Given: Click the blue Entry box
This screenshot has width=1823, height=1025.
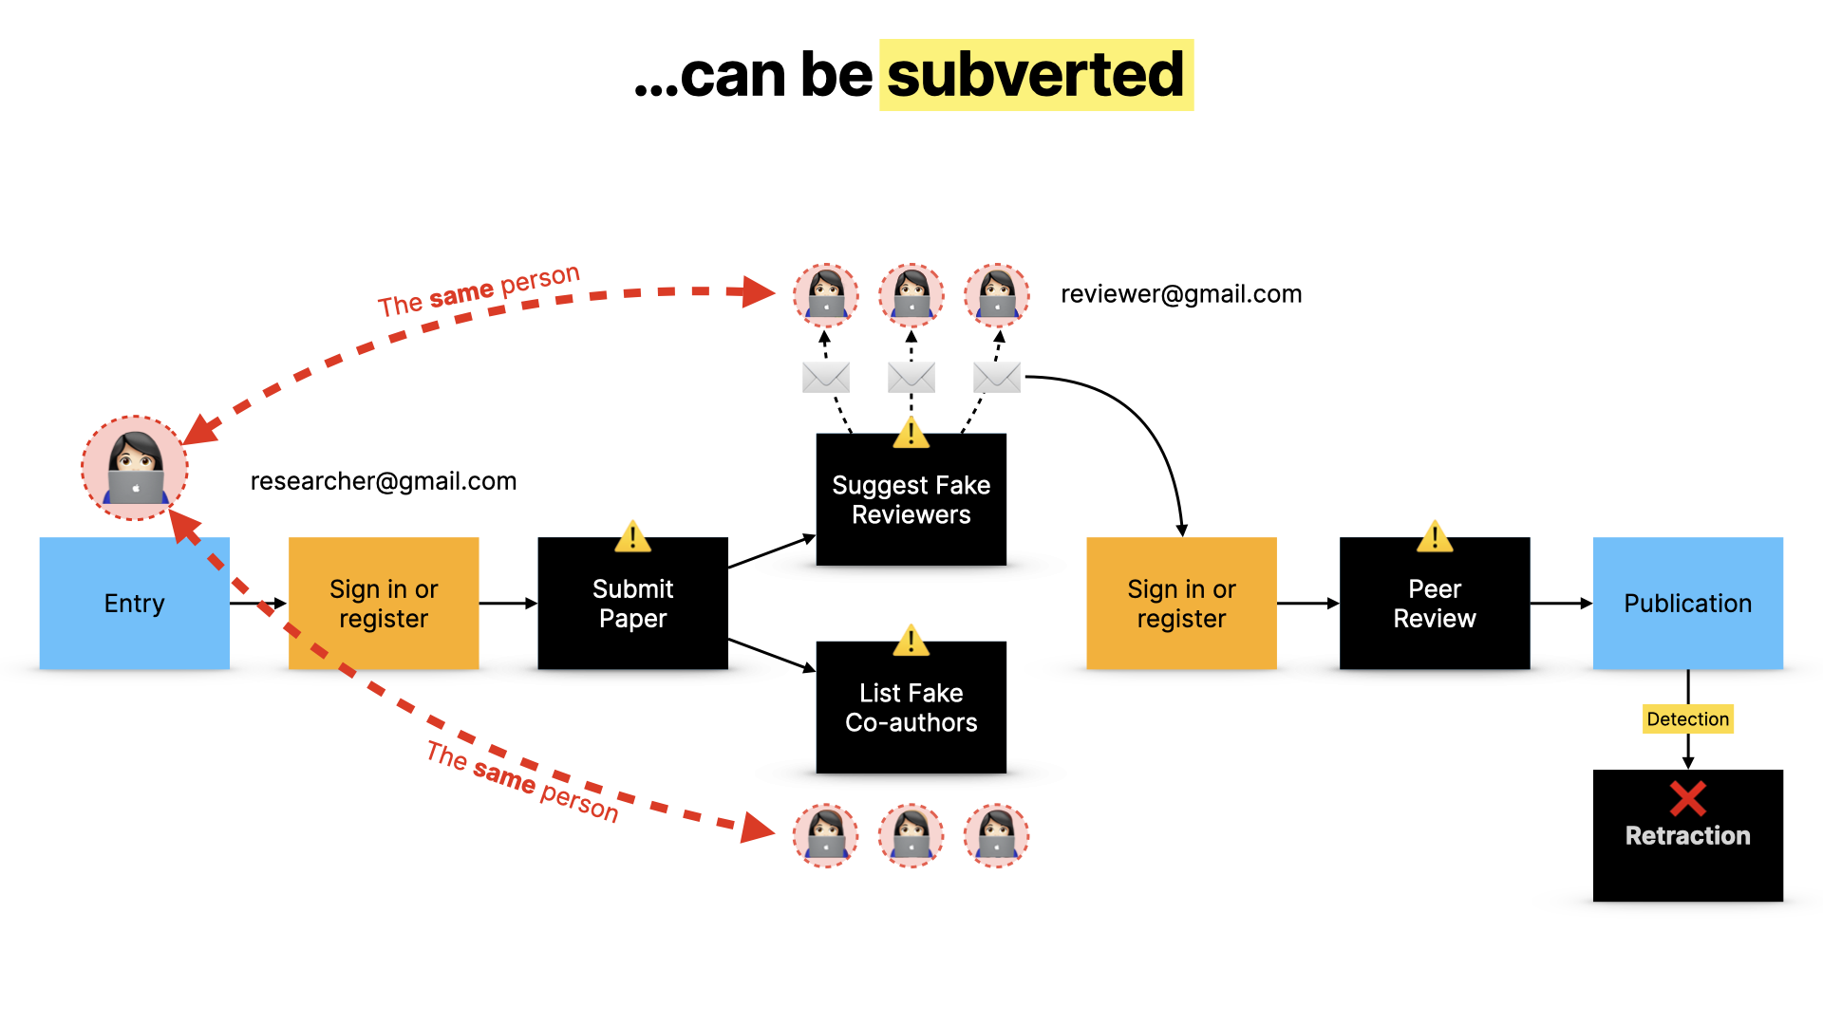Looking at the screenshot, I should tap(134, 604).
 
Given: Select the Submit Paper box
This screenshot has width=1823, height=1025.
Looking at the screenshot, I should tap(632, 604).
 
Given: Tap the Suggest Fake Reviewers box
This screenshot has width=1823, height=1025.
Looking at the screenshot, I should tap(911, 500).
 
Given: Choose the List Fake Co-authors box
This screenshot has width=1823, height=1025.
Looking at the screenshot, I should tap(911, 708).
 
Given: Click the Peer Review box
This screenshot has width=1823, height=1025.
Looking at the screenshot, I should tap(1434, 604).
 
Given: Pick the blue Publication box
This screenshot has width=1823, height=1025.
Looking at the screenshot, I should tap(1687, 604).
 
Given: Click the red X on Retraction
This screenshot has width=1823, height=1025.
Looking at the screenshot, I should tap(1687, 798).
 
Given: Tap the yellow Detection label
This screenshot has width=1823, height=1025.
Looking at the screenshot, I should tap(1687, 719).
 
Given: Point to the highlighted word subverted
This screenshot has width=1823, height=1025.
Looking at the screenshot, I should tap(1035, 75).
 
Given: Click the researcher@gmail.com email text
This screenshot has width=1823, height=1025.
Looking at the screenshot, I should tap(383, 481).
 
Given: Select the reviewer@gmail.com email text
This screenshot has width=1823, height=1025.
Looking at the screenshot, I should tap(1180, 294).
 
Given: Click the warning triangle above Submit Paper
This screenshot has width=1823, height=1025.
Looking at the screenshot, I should tap(632, 537).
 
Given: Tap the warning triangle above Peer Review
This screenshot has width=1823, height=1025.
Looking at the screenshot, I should tap(1434, 537).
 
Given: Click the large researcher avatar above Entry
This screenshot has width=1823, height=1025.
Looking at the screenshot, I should tap(134, 468).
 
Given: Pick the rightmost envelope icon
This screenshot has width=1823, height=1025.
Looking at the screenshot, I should tap(996, 377).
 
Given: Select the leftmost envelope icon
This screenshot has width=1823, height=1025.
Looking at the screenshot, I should tap(825, 377).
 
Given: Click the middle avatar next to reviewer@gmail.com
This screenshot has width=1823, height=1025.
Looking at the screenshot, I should tap(911, 295).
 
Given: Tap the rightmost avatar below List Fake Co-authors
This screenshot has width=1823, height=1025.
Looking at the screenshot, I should tap(996, 835).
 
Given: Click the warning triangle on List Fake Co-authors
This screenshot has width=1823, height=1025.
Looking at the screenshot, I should tap(911, 642).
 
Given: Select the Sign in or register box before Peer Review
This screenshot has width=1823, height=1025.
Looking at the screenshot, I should tap(1180, 604).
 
